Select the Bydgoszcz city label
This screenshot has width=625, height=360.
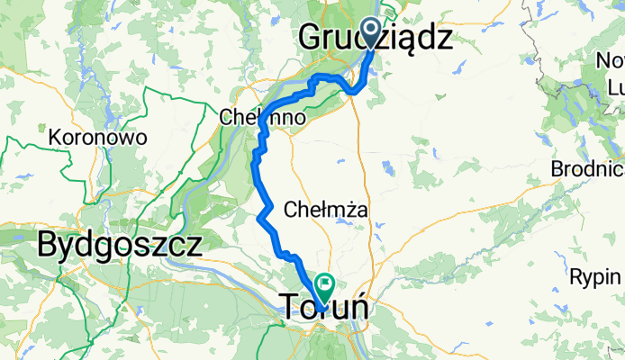[119, 244]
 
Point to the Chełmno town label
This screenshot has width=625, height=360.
[262, 118]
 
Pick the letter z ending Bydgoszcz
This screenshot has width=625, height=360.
[193, 244]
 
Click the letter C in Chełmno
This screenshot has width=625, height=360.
[226, 118]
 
